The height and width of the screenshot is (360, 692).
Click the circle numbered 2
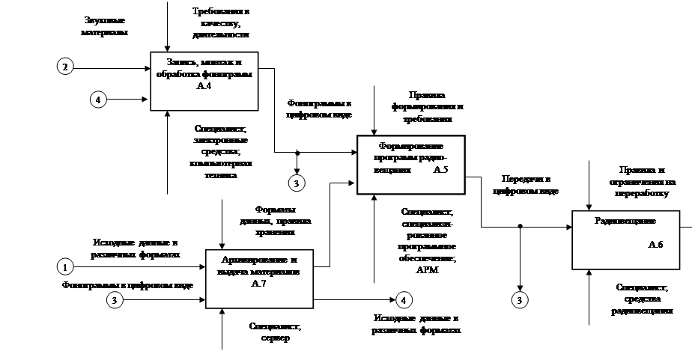pyautogui.click(x=66, y=67)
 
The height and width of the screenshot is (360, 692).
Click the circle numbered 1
pyautogui.click(x=66, y=266)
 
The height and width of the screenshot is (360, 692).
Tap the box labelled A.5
pyautogui.click(x=410, y=165)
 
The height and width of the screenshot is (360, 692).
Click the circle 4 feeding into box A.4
pyautogui.click(x=97, y=98)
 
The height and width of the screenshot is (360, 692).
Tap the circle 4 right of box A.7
pyautogui.click(x=404, y=300)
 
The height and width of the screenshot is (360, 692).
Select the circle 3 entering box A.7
pyautogui.click(x=115, y=300)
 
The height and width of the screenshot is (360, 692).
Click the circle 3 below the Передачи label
pyautogui.click(x=520, y=300)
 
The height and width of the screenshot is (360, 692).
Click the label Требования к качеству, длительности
pyautogui.click(x=221, y=23)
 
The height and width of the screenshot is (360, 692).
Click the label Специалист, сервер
pyautogui.click(x=274, y=332)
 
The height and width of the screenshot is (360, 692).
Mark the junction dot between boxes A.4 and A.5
pyautogui.click(x=297, y=152)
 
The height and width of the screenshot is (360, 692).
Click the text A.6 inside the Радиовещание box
pyautogui.click(x=655, y=245)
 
